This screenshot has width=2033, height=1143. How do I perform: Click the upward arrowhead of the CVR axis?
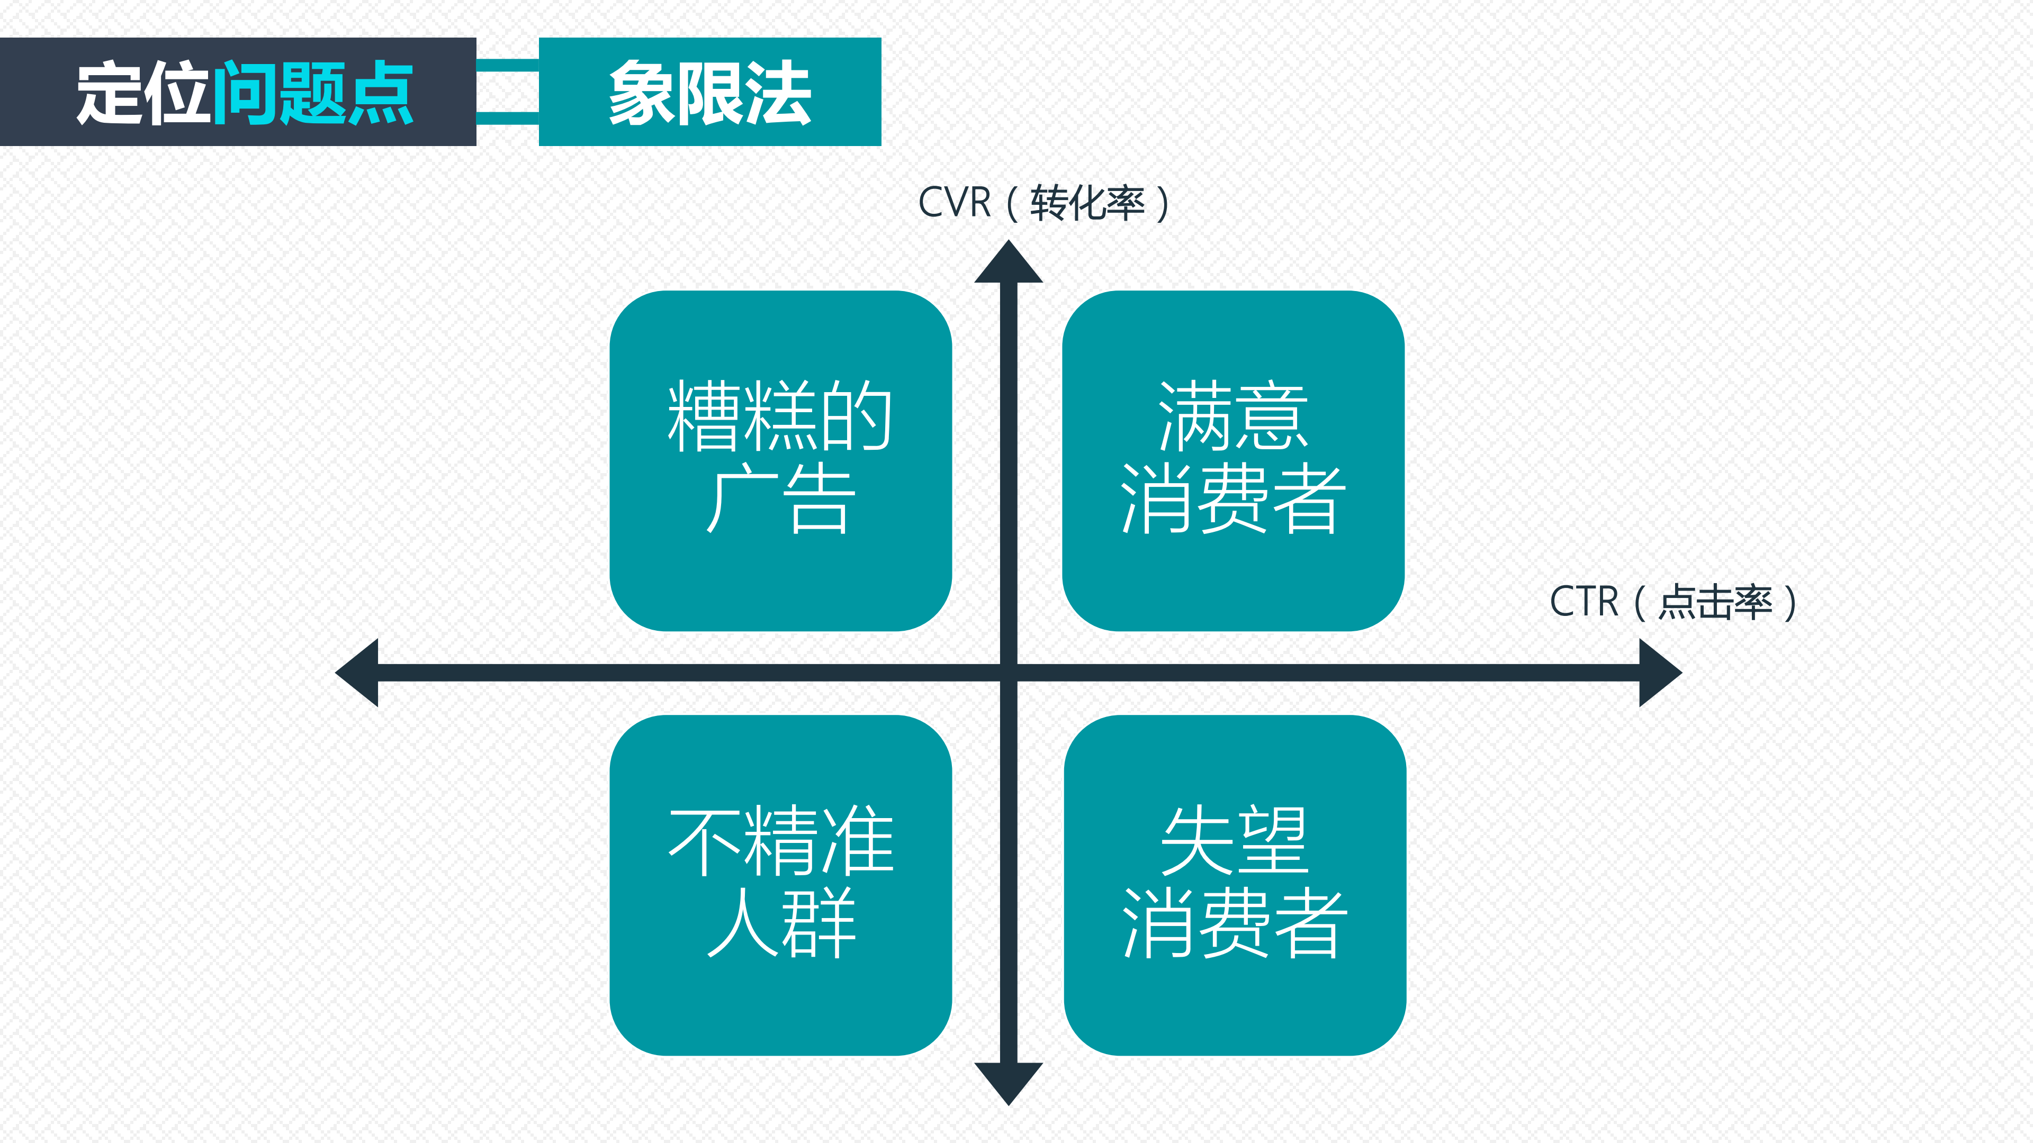point(1009,262)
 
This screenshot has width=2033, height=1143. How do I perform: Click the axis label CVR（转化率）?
point(1044,203)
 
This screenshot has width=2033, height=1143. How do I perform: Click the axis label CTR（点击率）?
point(1673,602)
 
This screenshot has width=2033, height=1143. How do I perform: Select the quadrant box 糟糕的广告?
point(780,461)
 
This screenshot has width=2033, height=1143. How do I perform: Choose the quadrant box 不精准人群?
point(780,885)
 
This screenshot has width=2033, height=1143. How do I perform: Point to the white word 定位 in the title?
point(143,92)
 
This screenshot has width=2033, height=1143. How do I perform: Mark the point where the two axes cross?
point(1009,673)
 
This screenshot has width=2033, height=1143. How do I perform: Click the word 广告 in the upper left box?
point(780,500)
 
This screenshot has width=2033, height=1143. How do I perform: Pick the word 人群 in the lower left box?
point(780,922)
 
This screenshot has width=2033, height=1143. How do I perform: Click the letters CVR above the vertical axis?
point(954,203)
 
